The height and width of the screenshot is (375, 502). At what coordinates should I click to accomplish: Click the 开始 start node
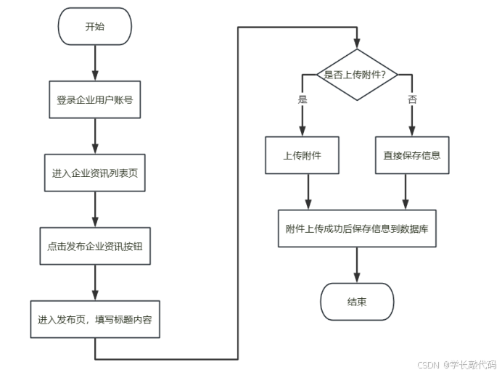(95, 27)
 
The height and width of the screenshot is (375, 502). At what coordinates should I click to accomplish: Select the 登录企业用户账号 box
(95, 100)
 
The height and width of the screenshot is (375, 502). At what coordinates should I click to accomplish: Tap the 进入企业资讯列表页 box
(95, 174)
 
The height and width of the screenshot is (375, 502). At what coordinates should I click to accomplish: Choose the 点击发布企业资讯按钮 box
(95, 246)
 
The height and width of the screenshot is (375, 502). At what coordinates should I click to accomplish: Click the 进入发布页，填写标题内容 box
(95, 319)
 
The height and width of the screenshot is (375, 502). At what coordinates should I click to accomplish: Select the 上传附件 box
(303, 155)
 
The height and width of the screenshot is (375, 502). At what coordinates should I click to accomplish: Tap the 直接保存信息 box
(412, 155)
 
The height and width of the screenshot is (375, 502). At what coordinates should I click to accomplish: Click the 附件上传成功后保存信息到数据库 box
(356, 228)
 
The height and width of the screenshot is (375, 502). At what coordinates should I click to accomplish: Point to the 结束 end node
(356, 301)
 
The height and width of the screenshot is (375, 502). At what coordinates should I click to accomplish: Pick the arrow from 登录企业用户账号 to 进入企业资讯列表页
(95, 136)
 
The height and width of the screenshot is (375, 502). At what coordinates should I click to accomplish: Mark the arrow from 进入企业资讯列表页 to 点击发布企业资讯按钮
(95, 210)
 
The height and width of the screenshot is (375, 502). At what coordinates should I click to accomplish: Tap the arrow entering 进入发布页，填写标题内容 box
(95, 283)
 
